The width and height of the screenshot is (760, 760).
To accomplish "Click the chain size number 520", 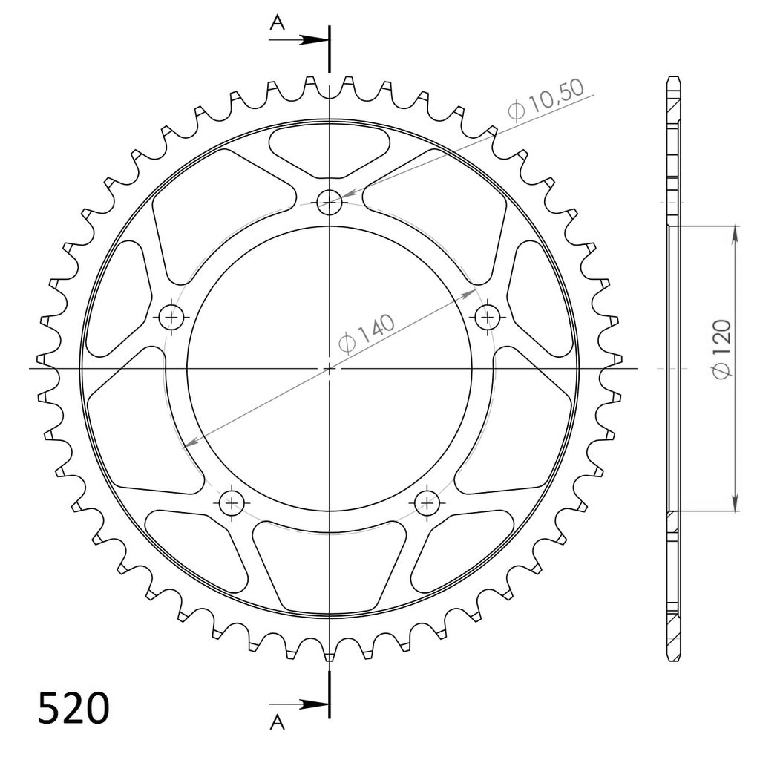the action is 73,708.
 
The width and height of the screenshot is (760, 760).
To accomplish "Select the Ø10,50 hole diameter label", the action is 546,99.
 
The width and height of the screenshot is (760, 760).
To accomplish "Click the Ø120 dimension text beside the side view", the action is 721,350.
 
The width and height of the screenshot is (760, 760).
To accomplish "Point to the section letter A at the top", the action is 278,22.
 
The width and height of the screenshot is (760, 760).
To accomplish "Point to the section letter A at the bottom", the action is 278,722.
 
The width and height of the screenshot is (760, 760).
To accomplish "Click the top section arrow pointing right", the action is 299,40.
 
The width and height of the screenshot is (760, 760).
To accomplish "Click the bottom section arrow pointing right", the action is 299,704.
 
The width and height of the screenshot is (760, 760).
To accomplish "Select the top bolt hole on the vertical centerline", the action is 329,202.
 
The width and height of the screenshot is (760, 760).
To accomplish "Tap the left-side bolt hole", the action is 171,318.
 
